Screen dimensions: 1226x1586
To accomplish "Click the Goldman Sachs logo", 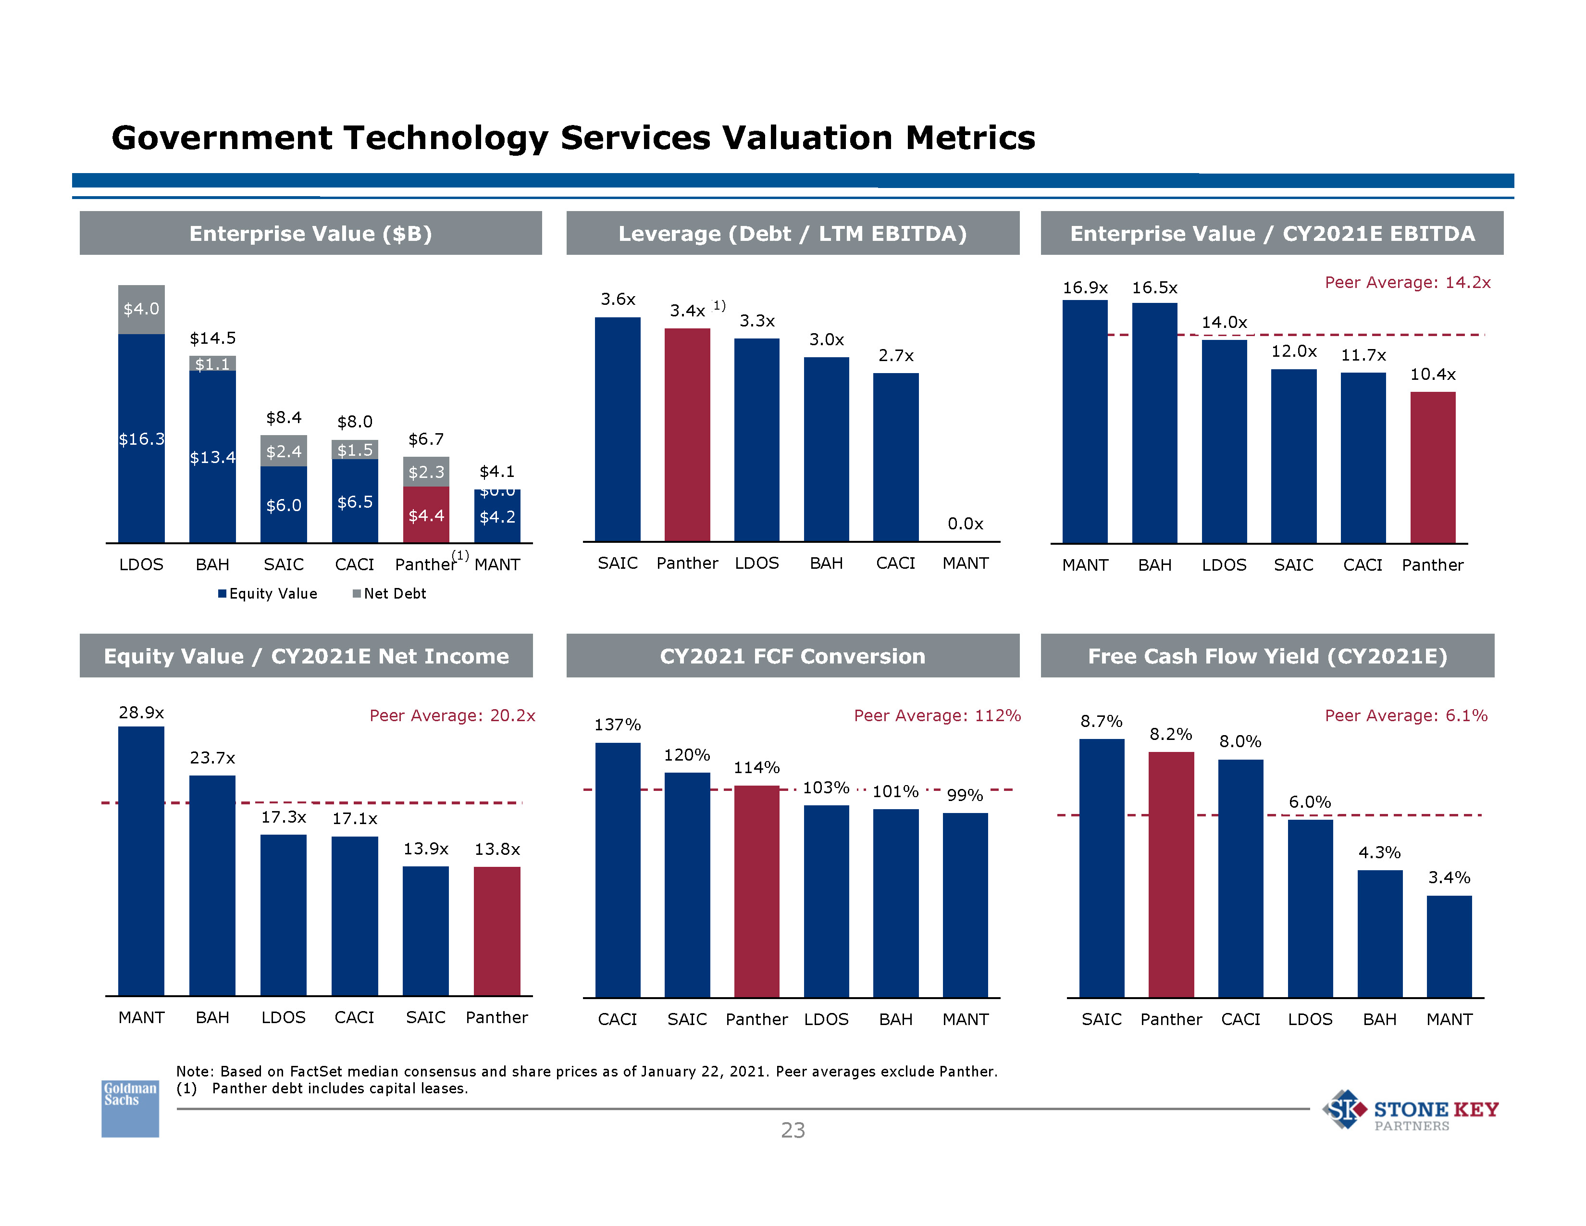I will click(130, 1108).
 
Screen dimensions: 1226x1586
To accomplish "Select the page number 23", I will click(792, 1130).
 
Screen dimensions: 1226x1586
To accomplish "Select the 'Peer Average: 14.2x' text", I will click(1407, 283).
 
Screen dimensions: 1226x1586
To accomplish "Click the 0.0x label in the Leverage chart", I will click(965, 524).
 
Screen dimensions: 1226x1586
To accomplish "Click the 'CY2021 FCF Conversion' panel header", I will click(792, 656).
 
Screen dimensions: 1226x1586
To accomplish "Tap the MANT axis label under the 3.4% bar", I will click(1449, 1019).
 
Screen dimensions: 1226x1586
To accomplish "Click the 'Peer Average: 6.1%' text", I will click(1405, 715).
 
